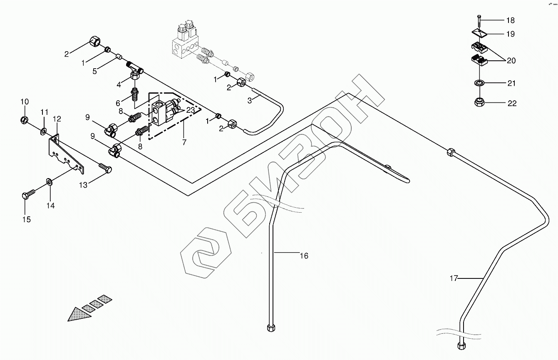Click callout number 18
click(x=511, y=20)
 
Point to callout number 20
click(x=511, y=61)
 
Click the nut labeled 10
click(x=24, y=121)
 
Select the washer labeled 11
click(x=44, y=132)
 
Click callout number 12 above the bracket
click(x=57, y=119)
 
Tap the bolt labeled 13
click(x=104, y=168)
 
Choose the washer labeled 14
click(x=49, y=181)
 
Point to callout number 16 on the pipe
click(x=304, y=256)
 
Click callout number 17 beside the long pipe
click(x=454, y=278)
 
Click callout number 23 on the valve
click(x=190, y=111)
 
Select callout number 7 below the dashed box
click(x=184, y=142)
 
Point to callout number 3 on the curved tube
click(x=250, y=100)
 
